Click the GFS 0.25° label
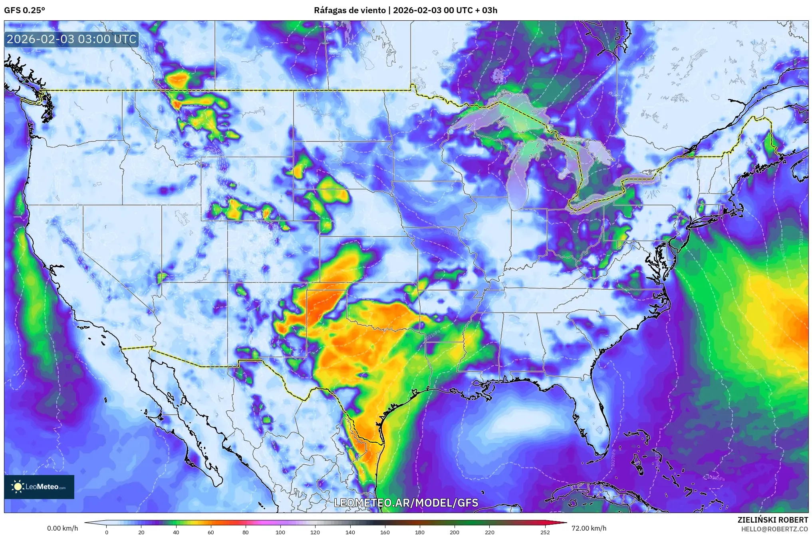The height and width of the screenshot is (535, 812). tap(24, 10)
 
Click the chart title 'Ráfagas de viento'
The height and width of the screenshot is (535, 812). tap(350, 10)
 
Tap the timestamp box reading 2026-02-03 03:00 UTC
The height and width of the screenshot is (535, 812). tap(71, 39)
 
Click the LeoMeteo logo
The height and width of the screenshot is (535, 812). tap(39, 487)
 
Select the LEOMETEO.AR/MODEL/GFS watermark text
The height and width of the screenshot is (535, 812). tap(406, 503)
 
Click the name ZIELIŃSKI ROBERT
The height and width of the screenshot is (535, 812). tap(772, 520)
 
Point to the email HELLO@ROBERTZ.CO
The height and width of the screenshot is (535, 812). tap(774, 529)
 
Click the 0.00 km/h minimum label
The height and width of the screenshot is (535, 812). tap(62, 528)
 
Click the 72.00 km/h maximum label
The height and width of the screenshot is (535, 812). tap(589, 528)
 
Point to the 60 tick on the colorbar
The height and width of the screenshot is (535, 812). tap(210, 532)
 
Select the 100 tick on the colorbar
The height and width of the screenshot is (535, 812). tap(280, 532)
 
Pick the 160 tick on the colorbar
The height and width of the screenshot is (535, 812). tap(385, 532)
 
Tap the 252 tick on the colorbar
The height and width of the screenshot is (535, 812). tap(545, 532)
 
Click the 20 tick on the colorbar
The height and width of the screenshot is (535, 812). tap(141, 532)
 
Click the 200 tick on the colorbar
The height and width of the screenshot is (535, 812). tap(455, 532)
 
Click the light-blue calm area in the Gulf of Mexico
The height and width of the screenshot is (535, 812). tap(515, 424)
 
